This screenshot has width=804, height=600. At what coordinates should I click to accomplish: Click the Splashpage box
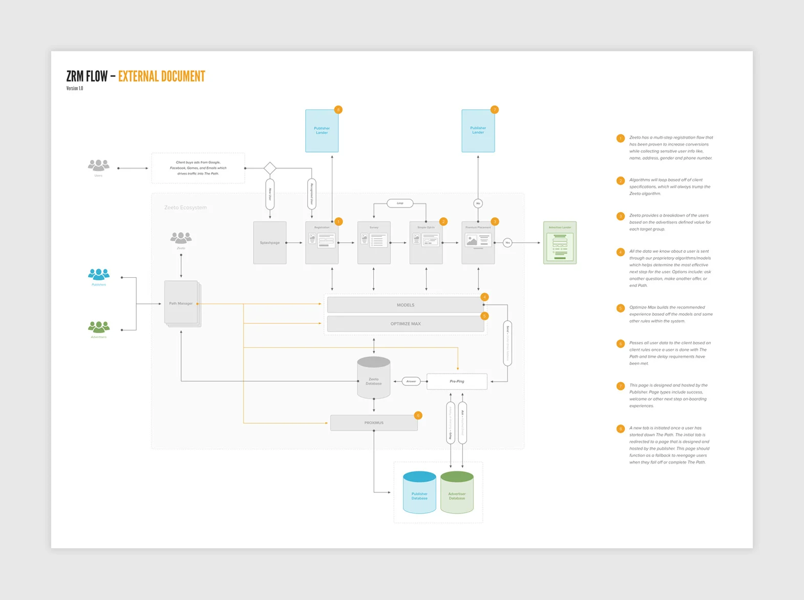pos(269,242)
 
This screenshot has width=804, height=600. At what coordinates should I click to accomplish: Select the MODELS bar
pos(405,305)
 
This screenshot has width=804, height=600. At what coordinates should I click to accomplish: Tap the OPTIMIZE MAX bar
pos(405,323)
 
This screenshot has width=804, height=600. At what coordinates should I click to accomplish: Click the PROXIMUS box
pos(374,423)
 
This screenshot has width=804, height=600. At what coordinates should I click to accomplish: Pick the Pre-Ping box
pos(457,381)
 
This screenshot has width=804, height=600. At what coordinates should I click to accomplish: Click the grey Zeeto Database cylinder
pos(374,379)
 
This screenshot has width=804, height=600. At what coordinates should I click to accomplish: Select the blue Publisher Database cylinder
pos(419,493)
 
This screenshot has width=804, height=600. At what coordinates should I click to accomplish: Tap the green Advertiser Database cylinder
pos(457,493)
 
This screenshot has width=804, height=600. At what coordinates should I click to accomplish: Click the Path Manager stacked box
pos(181,303)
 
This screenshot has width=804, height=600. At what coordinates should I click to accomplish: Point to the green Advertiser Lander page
pos(560,243)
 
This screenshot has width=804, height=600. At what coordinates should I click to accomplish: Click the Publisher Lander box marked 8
pos(322,131)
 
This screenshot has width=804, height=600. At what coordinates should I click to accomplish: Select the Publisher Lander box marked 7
pos(478,131)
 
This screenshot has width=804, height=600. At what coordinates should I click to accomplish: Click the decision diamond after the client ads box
pos(270,168)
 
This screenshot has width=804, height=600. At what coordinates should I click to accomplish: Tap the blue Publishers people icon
pos(99,275)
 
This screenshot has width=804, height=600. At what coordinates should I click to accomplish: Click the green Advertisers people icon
pos(99,327)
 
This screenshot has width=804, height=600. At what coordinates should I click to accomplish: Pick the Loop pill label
pos(400,203)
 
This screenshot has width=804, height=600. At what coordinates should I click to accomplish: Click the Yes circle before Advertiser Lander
pos(507,242)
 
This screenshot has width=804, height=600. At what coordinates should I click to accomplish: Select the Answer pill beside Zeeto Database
pos(411,381)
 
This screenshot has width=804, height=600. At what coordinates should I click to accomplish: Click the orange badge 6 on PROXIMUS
pos(418,416)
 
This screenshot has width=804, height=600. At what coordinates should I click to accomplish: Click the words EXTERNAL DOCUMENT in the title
pos(161,77)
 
